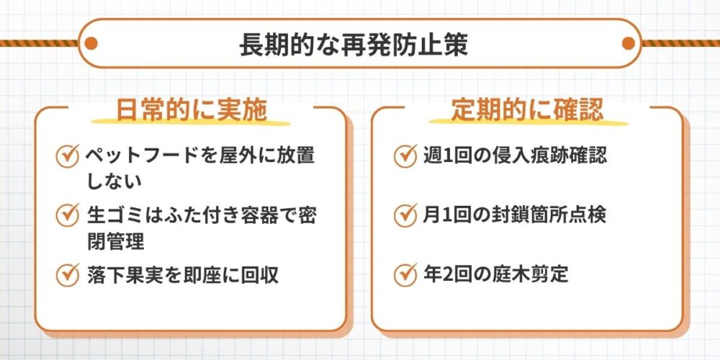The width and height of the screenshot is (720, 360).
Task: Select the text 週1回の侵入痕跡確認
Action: coord(516,155)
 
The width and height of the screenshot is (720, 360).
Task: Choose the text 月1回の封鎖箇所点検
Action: coord(516,215)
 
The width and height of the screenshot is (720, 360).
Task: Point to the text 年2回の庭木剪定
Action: coord(496,274)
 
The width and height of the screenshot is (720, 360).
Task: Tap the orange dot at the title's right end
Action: coord(628,43)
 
